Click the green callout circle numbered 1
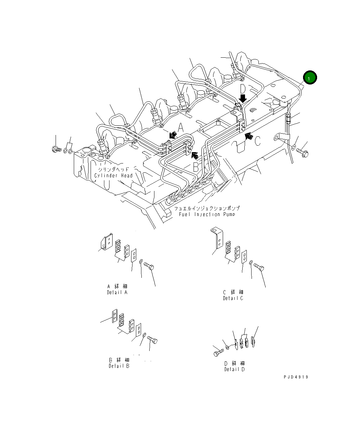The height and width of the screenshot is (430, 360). [x=310, y=77]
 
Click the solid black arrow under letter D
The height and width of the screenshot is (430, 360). [x=243, y=99]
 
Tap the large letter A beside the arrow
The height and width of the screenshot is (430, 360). [x=181, y=128]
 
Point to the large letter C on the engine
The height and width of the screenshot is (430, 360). [x=257, y=141]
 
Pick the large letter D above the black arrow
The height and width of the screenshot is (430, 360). [x=243, y=89]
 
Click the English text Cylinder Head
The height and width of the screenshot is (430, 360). [x=113, y=176]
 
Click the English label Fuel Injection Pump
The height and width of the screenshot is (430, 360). [x=207, y=214]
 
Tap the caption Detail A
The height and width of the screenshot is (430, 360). [x=117, y=292]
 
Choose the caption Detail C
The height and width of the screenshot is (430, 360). [x=233, y=298]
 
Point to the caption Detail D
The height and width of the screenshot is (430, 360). [x=234, y=369]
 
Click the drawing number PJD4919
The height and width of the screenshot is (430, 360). [x=296, y=377]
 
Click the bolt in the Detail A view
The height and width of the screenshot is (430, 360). [x=149, y=266]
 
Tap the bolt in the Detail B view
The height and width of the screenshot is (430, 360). [x=152, y=340]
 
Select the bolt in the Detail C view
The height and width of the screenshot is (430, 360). [x=259, y=267]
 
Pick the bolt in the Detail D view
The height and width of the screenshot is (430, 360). [x=219, y=353]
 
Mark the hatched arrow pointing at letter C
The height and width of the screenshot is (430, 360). [x=249, y=136]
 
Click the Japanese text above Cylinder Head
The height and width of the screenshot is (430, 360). [x=113, y=169]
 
